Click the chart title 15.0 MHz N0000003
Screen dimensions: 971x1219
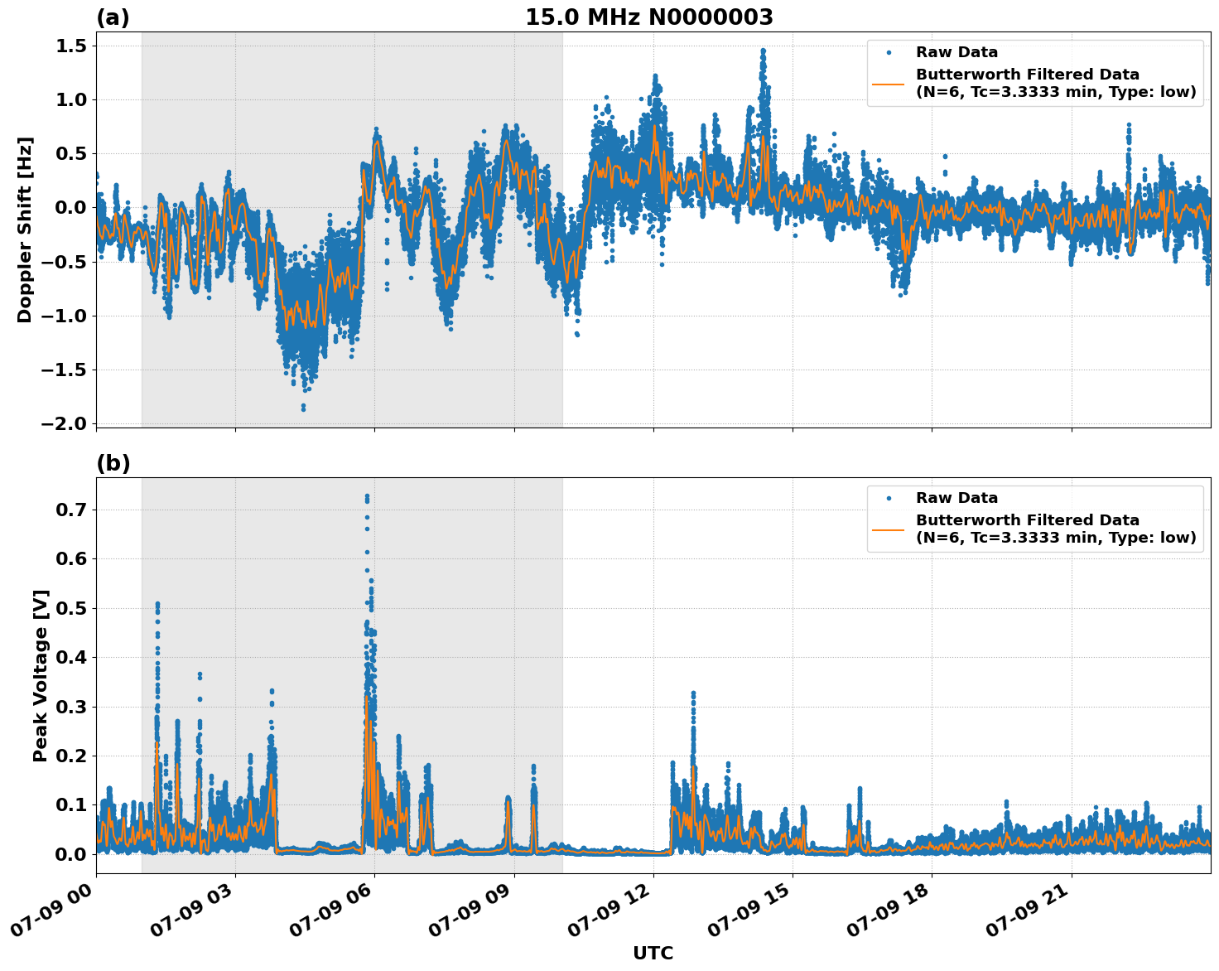point(648,17)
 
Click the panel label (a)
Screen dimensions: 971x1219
point(113,17)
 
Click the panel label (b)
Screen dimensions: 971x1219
point(113,463)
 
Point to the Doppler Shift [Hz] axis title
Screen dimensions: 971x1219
point(25,229)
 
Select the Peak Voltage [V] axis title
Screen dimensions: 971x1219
point(41,675)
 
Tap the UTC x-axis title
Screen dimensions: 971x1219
point(653,953)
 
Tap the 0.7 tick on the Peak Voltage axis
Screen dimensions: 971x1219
point(70,510)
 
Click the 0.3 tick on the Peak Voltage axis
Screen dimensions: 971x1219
point(70,707)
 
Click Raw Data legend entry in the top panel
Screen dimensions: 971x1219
point(956,52)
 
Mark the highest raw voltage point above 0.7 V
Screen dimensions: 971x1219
point(367,496)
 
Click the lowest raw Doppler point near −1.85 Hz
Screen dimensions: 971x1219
point(303,408)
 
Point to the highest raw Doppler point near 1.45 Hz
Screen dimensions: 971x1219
point(763,51)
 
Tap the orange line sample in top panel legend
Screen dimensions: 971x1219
point(889,84)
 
